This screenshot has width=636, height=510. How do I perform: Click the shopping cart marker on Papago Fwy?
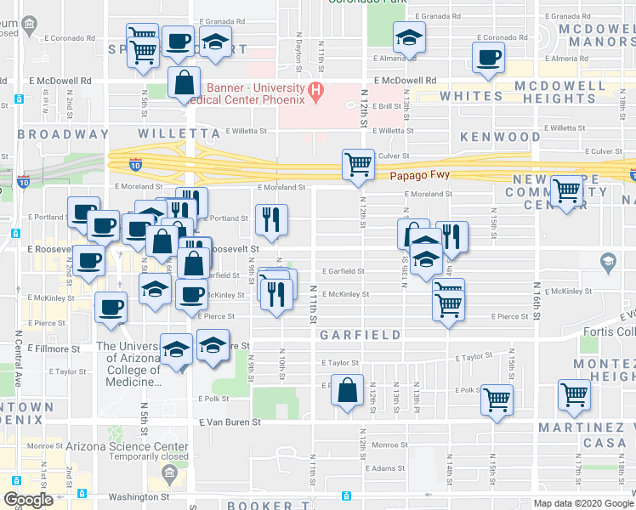pyautogui.click(x=358, y=165)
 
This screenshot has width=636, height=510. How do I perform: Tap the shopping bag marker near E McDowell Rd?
pyautogui.click(x=185, y=84)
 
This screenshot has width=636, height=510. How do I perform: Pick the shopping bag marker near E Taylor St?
pyautogui.click(x=347, y=391)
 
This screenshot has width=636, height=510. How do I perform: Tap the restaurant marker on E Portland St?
pyautogui.click(x=271, y=221)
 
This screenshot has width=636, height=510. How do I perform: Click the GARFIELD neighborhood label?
pyautogui.click(x=361, y=335)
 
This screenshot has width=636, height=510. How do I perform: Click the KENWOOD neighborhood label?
pyautogui.click(x=500, y=136)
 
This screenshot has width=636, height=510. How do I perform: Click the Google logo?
pyautogui.click(x=29, y=500)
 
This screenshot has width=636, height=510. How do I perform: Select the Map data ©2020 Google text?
pyautogui.click(x=583, y=503)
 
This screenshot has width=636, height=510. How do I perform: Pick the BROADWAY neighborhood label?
pyautogui.click(x=63, y=134)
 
